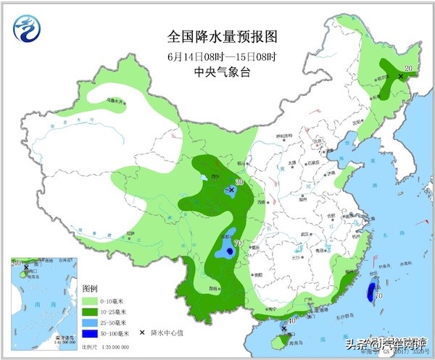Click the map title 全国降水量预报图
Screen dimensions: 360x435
[x=222, y=35]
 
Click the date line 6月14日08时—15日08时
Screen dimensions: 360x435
[x=222, y=55]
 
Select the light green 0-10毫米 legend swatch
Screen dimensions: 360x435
[x=90, y=300]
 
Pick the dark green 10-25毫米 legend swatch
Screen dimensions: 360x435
[x=90, y=311]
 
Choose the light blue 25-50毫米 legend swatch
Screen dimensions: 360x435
[x=90, y=322]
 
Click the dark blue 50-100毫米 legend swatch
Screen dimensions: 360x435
[x=90, y=332]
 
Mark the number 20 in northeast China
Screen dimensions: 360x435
[x=408, y=68]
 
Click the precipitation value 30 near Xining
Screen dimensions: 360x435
[x=239, y=183]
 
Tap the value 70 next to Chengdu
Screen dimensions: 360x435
[x=238, y=243]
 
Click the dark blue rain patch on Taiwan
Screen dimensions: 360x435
[x=370, y=293]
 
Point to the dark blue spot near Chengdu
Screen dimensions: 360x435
[x=229, y=251]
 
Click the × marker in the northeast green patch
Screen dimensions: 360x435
[x=399, y=75]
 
